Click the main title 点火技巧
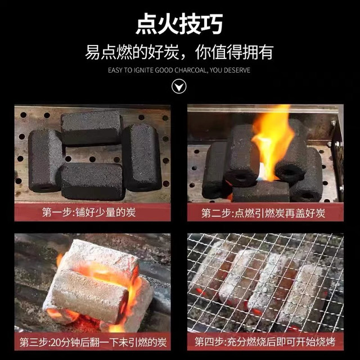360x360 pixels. (x=179, y=24)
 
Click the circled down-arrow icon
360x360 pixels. (x=179, y=86)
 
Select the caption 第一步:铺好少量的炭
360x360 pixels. (x=89, y=212)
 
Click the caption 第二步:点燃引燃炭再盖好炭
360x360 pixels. (x=263, y=213)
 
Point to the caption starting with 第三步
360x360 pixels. (x=93, y=342)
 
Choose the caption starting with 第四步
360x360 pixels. (x=265, y=342)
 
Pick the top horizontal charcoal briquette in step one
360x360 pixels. (x=91, y=128)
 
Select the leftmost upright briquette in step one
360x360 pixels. (x=45, y=160)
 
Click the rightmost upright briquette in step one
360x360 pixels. (x=141, y=157)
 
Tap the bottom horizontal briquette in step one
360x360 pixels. (x=92, y=181)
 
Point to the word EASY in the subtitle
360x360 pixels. (x=115, y=70)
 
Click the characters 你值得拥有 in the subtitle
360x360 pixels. (x=234, y=52)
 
